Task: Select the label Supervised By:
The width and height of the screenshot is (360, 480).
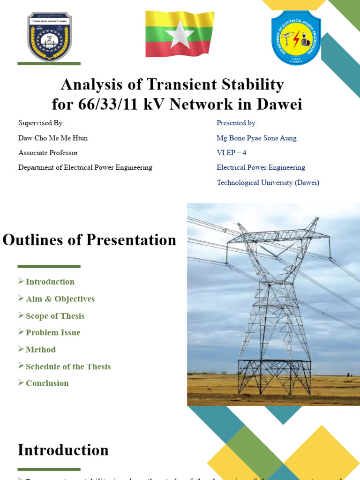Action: [41, 123]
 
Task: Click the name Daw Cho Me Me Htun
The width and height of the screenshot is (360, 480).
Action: [53, 138]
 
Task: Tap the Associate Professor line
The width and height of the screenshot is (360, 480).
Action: [48, 153]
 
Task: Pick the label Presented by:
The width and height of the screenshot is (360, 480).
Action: [237, 123]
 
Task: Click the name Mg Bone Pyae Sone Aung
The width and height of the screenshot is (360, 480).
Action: [256, 138]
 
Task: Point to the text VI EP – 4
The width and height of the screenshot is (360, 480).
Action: [231, 153]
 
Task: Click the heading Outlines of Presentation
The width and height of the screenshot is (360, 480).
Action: [90, 240]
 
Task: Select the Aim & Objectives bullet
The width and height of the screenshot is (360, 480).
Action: [60, 299]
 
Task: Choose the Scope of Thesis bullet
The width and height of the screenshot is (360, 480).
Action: [55, 316]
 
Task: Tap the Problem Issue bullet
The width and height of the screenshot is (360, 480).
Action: [53, 333]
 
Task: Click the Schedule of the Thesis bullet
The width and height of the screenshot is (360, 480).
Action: [68, 367]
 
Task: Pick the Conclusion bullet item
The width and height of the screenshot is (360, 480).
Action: [47, 383]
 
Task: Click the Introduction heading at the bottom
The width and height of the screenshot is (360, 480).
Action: [63, 450]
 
